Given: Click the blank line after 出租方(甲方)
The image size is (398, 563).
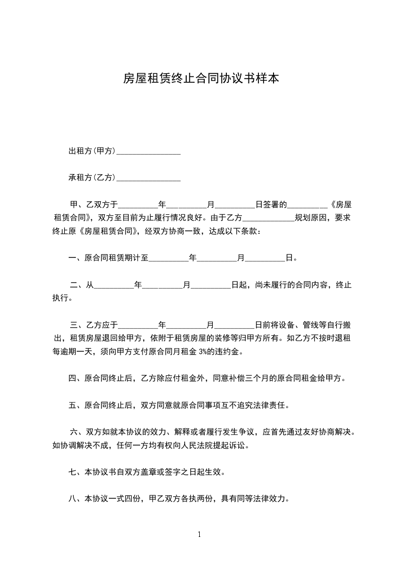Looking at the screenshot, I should pos(148,152).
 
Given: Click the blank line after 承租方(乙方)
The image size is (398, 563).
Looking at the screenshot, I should pos(148,178).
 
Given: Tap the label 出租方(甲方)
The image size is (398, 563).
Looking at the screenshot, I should pos(92,151).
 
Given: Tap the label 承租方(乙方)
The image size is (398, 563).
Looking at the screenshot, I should pos(92,177).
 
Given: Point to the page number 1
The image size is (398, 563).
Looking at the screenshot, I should pos(199,535).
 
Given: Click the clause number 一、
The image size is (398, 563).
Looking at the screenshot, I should pos(76,258).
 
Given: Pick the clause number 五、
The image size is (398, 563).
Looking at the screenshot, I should pos(76,405).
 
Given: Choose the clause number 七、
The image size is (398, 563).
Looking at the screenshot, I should pos(76,472).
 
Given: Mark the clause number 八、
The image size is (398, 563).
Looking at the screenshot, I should pos(76,499).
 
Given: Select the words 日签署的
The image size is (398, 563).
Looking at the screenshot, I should pos(271,205).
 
